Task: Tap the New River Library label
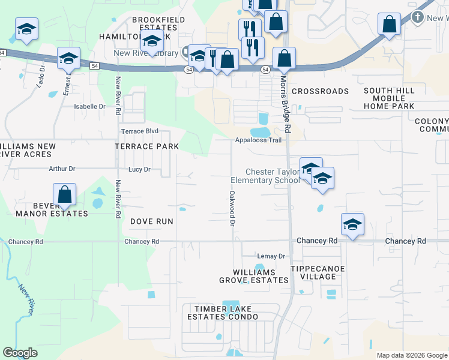pyautogui.click(x=146, y=53)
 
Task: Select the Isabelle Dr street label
pyautogui.click(x=89, y=106)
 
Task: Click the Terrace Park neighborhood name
pyautogui.click(x=147, y=146)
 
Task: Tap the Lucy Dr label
pyautogui.click(x=139, y=169)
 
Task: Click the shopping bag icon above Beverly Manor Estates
pyautogui.click(x=64, y=196)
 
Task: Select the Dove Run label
pyautogui.click(x=152, y=221)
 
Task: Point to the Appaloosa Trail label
pyautogui.click(x=258, y=140)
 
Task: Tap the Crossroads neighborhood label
pyautogui.click(x=320, y=91)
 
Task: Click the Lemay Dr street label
pyautogui.click(x=271, y=256)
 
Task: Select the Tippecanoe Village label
pyautogui.click(x=318, y=273)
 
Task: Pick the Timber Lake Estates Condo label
pyautogui.click(x=223, y=313)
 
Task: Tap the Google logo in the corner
pyautogui.click(x=20, y=353)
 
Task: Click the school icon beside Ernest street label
pyautogui.click(x=69, y=58)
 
